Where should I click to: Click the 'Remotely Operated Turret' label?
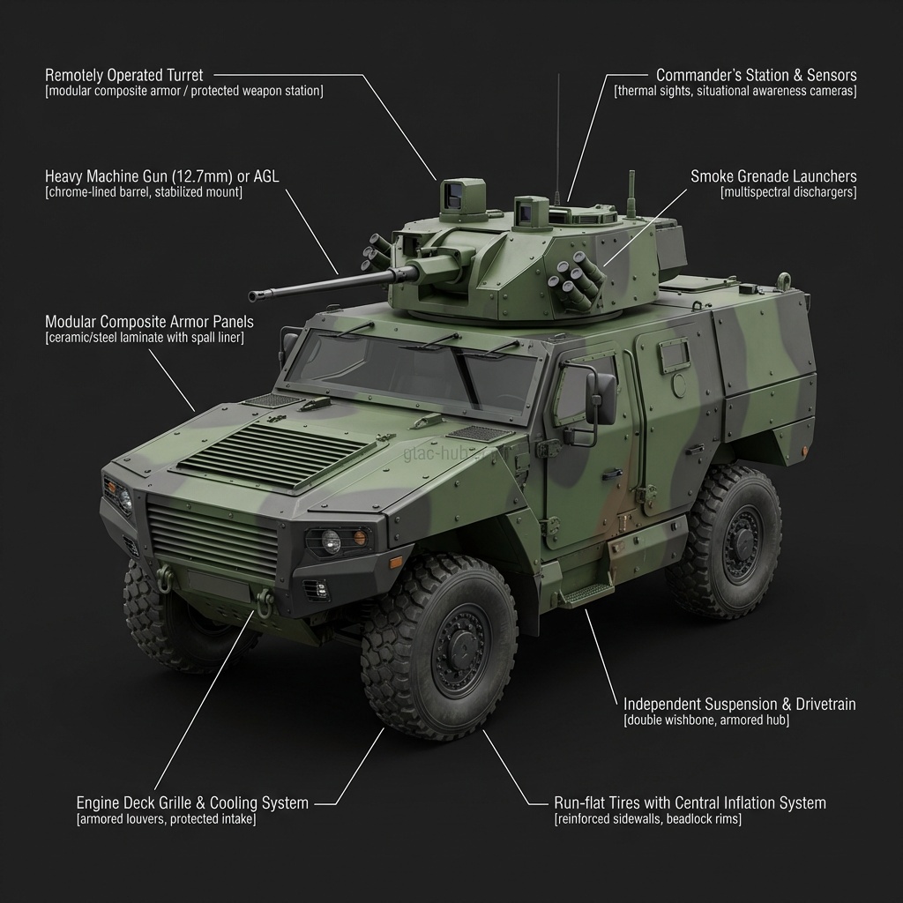point(123,76)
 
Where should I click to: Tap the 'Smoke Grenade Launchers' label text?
point(773,177)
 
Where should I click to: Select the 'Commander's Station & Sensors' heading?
point(756,76)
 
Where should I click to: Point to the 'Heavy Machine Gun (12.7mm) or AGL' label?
point(161,177)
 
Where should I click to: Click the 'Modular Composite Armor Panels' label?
point(149,322)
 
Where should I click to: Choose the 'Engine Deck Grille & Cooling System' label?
point(192,803)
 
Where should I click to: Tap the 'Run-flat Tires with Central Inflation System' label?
point(690,803)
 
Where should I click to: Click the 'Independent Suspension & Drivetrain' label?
point(739,705)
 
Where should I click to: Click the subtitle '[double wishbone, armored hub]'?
point(706,720)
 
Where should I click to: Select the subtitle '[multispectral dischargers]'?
point(787,192)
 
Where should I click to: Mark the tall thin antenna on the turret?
point(558,132)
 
